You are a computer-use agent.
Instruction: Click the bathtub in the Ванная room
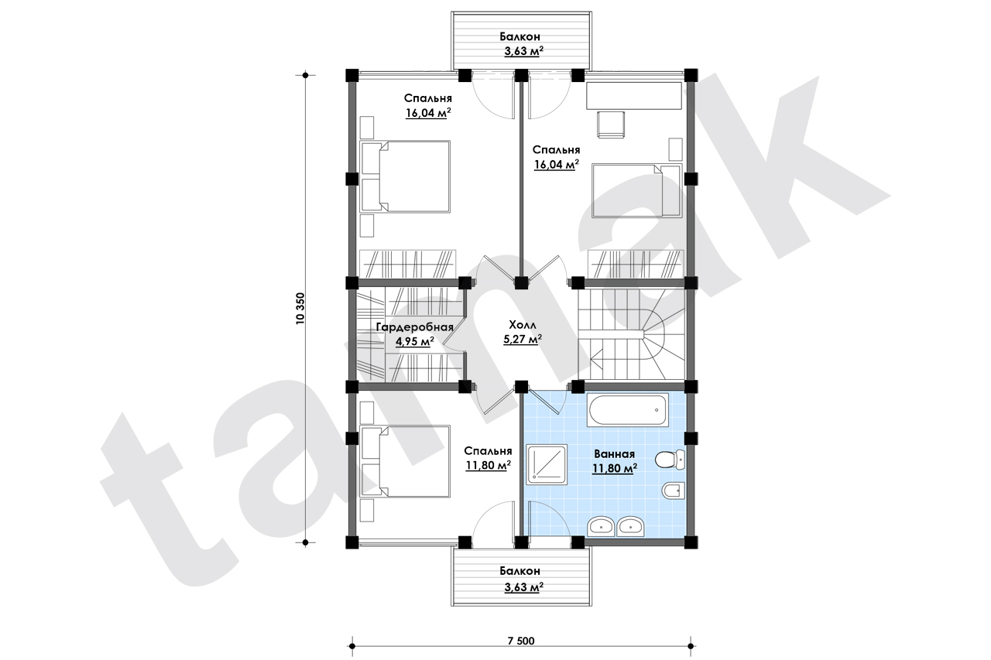point(627,410)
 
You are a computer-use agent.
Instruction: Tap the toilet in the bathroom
point(669,460)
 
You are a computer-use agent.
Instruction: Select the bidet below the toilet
point(674,491)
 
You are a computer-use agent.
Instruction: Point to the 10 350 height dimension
point(301,309)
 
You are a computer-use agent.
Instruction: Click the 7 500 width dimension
point(521,641)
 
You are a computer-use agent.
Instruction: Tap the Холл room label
point(523,326)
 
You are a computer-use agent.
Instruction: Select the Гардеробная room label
point(414,327)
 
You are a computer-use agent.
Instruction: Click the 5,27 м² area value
point(523,340)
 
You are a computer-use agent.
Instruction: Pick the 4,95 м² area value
point(414,342)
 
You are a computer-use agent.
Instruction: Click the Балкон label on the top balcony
point(520,36)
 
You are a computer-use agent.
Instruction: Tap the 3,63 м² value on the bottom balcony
point(523,587)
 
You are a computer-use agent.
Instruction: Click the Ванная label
point(614,454)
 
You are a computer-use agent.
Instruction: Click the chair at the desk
point(611,125)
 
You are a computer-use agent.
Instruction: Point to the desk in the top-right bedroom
point(634,95)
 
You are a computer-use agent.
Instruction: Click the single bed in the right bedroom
point(636,190)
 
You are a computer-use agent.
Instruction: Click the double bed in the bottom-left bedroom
point(405,461)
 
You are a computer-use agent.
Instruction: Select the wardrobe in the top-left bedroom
point(407,265)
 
